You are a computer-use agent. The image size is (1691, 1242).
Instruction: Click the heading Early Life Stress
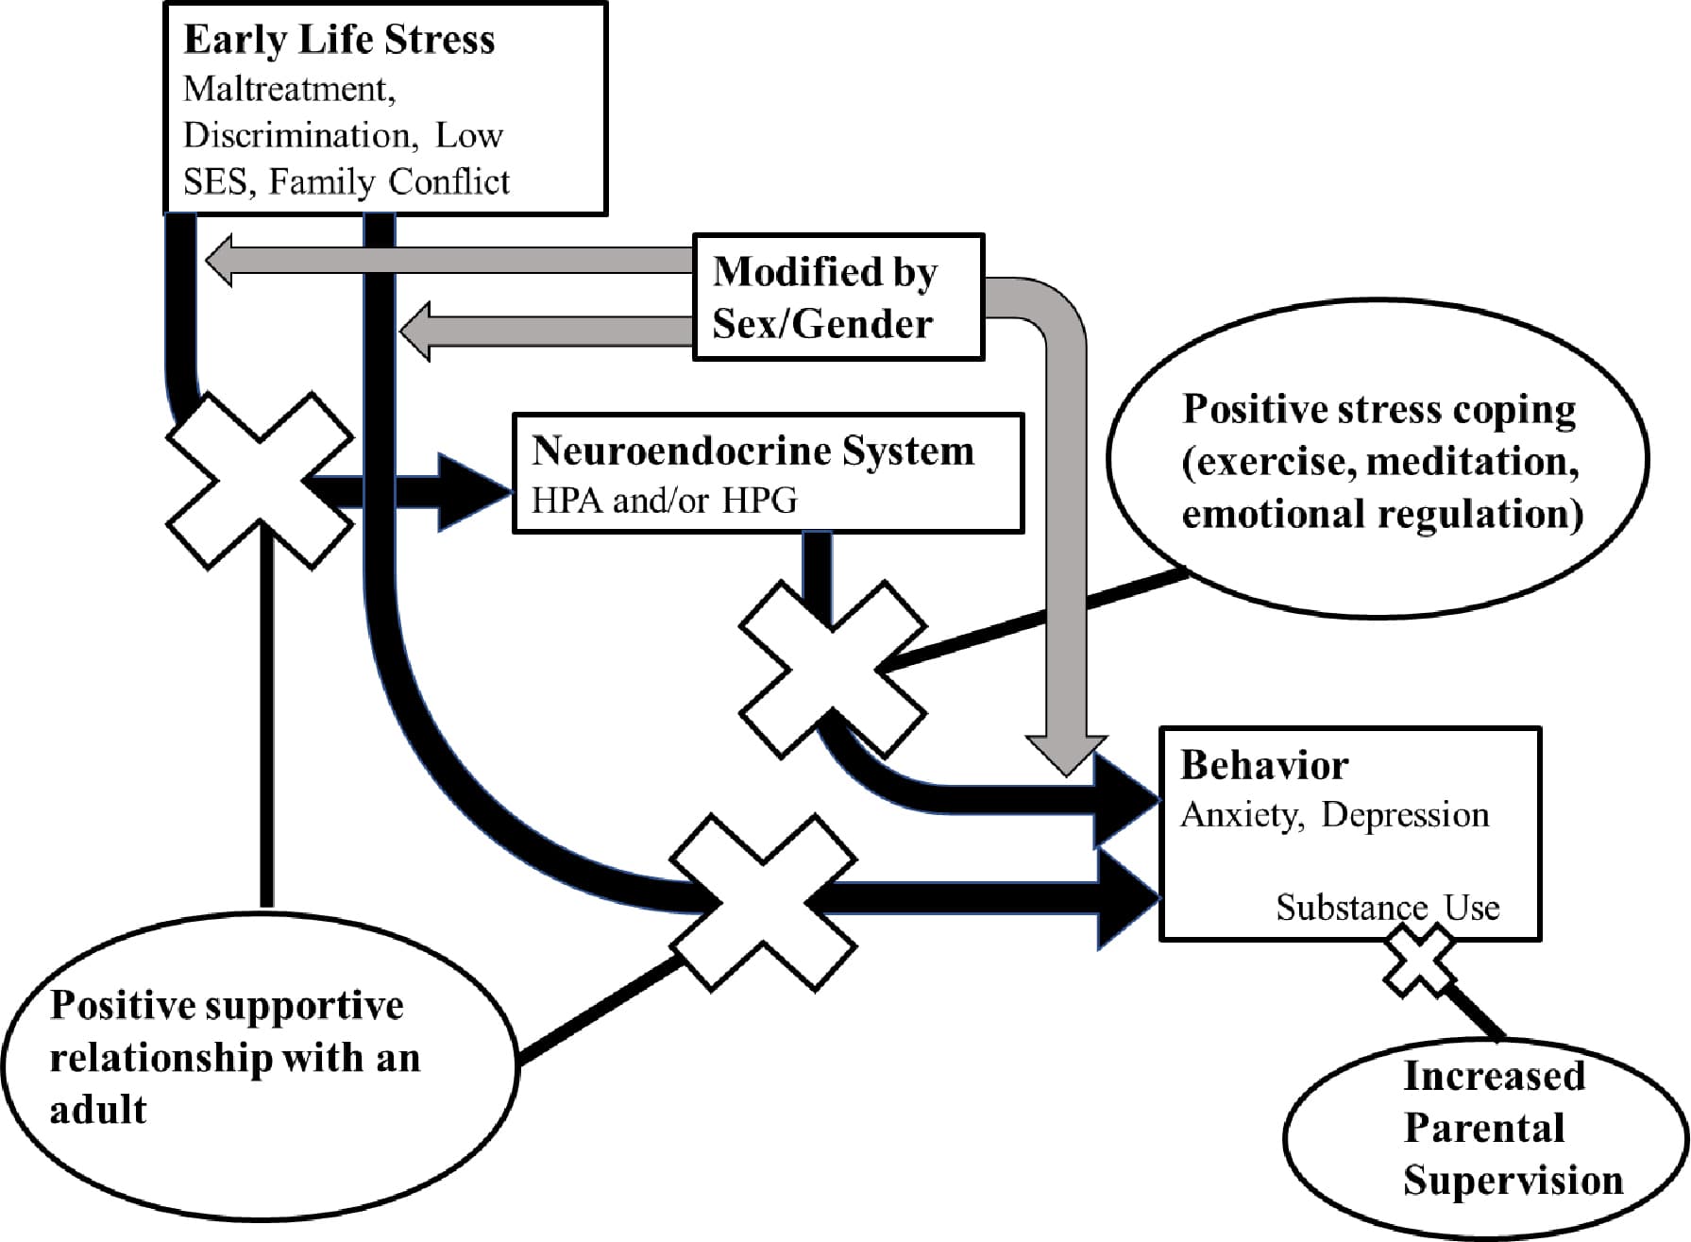coord(339,41)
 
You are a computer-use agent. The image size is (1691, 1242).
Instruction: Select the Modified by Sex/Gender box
coord(838,298)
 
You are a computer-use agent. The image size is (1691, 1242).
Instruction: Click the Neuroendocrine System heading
coord(752,451)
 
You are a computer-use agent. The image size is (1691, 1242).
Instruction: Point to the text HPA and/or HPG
coord(664,501)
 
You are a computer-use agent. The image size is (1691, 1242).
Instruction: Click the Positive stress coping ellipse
coord(1378,460)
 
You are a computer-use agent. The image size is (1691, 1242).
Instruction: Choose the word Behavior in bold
coord(1264,766)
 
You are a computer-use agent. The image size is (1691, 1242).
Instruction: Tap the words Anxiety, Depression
coord(1334,815)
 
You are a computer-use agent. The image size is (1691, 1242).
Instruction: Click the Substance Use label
coord(1387,908)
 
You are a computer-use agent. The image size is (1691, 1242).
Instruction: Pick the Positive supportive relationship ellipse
coord(260,1067)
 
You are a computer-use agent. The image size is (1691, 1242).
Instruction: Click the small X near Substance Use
coord(1419,961)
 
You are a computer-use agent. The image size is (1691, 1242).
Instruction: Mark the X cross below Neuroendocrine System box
coord(832,669)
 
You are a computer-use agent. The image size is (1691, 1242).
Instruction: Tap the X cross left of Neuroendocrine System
coord(260,481)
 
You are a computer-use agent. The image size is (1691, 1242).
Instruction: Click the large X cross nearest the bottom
coord(763,902)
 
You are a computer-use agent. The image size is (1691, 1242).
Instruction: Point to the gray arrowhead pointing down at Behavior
coord(1066,753)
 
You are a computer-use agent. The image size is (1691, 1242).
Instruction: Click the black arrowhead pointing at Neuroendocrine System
coord(472,491)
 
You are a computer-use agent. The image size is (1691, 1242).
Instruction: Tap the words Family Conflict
coord(389,181)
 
